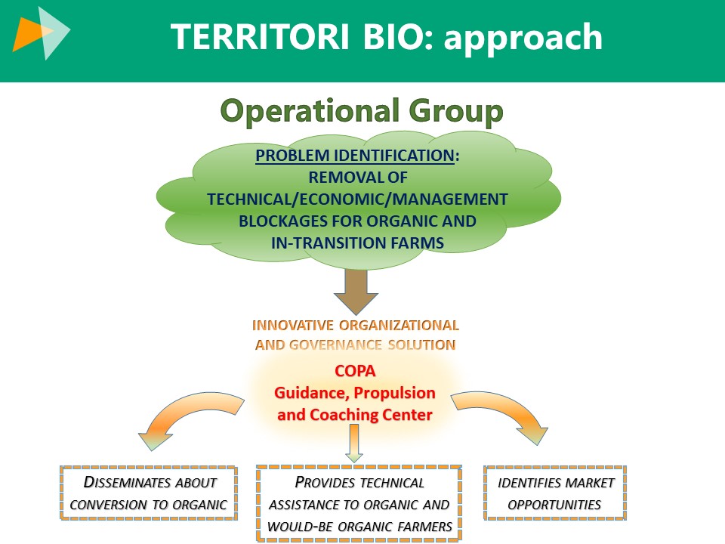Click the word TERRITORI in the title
tap(259, 37)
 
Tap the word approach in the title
tap(523, 39)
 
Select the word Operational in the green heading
tap(310, 111)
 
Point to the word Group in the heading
tap(456, 112)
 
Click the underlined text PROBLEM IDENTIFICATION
tap(355, 156)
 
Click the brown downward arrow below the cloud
tap(356, 292)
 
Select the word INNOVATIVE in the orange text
tap(293, 325)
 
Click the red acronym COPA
tap(355, 371)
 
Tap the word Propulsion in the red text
tap(394, 393)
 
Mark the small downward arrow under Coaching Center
tap(354, 444)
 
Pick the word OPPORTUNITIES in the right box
tap(554, 505)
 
